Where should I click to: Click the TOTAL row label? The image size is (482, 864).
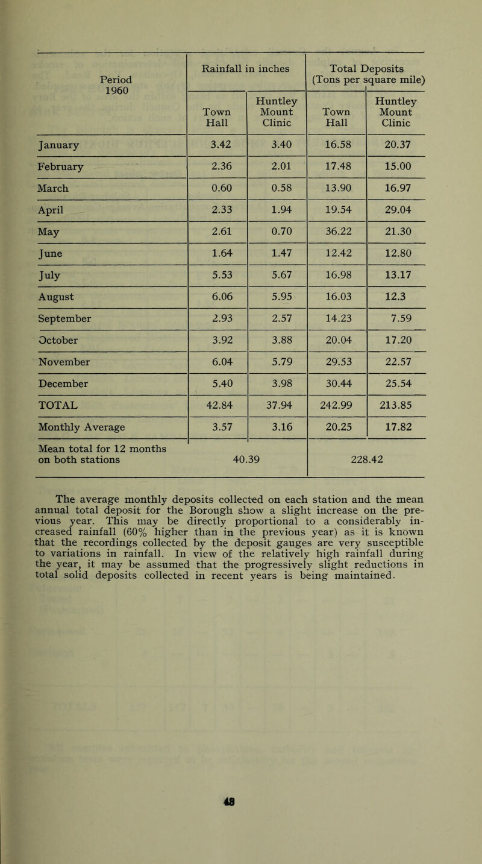point(51,406)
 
